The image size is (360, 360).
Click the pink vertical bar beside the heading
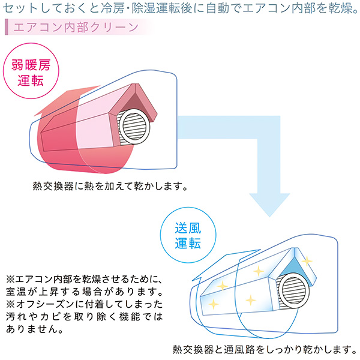point(6,28)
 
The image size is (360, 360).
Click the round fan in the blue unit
point(296,289)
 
